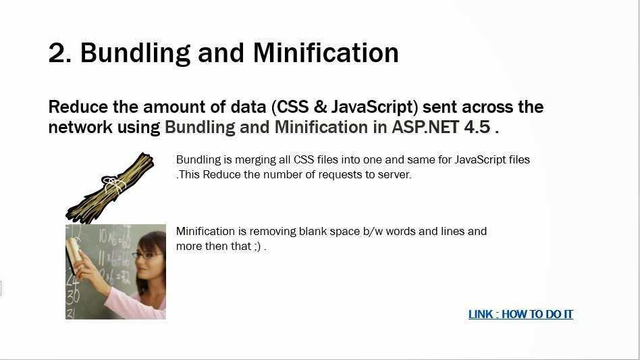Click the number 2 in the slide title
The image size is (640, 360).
[x=59, y=53]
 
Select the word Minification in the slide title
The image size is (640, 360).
[x=325, y=53]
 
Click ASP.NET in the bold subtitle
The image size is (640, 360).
[x=425, y=127]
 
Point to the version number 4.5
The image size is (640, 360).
[x=477, y=127]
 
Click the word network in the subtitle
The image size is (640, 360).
[x=80, y=127]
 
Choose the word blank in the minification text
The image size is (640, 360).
[x=313, y=232]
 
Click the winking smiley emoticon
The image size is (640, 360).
[x=257, y=247]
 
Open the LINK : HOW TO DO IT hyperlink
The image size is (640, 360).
[x=521, y=314]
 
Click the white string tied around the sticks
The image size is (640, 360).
[x=114, y=184]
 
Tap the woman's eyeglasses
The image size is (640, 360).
[x=147, y=255]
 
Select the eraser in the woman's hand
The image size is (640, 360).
[x=74, y=255]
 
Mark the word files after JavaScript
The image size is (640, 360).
[x=519, y=159]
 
